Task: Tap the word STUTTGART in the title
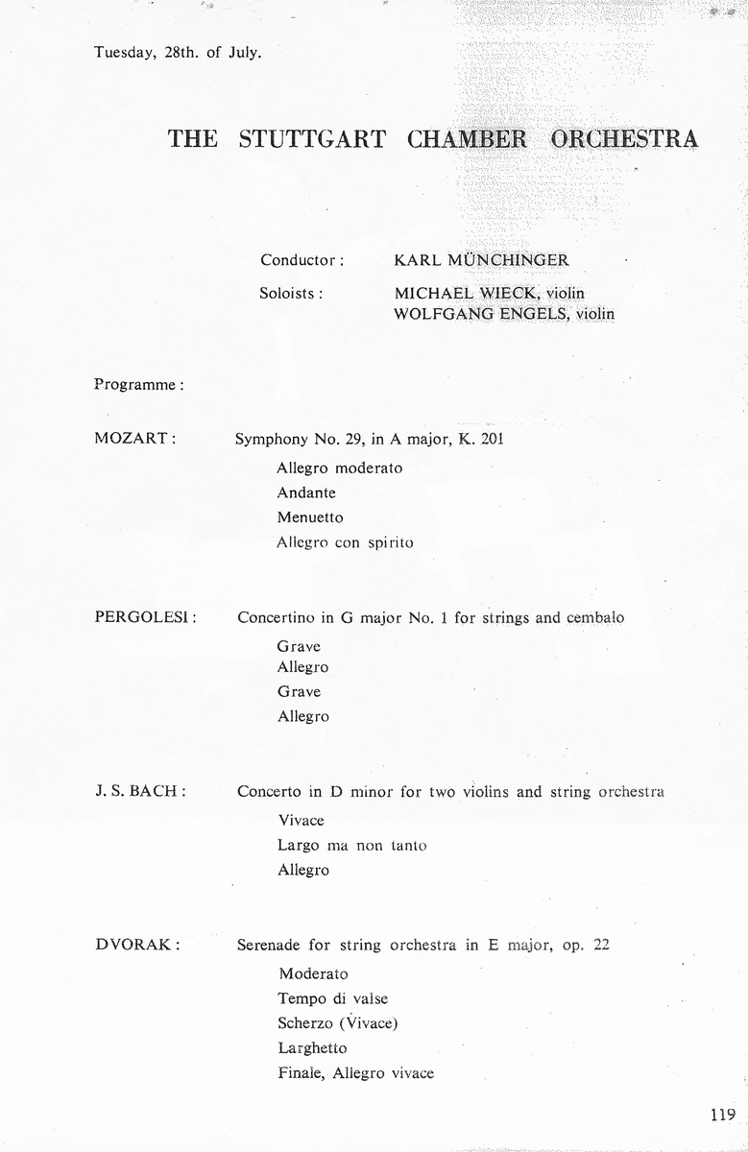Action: [312, 138]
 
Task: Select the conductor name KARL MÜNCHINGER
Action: [481, 260]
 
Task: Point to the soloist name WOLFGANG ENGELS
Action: [473, 313]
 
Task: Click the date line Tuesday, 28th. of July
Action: [178, 52]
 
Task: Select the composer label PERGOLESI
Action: [146, 616]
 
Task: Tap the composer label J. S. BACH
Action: [140, 791]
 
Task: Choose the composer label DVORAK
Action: [138, 944]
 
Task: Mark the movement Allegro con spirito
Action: [345, 542]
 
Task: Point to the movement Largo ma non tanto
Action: [351, 846]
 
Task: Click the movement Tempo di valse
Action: [333, 998]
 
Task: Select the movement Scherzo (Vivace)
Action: [337, 1022]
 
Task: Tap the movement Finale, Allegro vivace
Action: [355, 1072]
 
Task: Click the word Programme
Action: [138, 384]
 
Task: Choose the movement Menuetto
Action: [310, 517]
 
